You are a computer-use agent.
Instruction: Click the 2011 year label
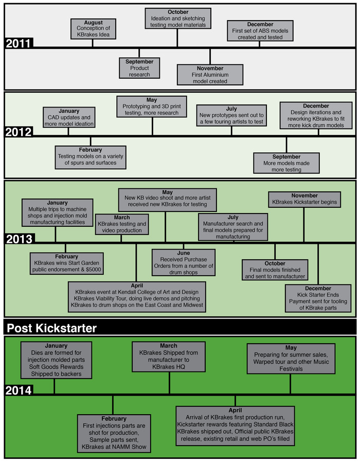point(19,43)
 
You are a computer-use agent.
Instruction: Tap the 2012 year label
point(19,132)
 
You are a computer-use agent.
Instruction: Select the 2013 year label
point(19,239)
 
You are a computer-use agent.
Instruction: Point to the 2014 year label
point(19,390)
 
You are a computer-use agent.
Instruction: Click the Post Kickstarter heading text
point(51,328)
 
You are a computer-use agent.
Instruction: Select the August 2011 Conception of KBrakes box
point(93,29)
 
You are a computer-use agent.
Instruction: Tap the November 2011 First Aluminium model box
point(210,75)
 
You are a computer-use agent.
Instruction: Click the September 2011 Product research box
point(139,68)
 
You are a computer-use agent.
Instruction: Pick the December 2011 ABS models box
point(260,31)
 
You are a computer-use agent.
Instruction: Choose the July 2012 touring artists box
point(231,115)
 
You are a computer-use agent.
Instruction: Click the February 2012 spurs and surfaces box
point(91,156)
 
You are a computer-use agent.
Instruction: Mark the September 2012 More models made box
point(287,163)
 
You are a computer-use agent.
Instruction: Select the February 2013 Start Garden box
point(67,263)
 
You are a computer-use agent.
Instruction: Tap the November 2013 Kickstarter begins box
point(304,199)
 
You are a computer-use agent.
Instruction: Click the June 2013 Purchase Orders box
point(183,262)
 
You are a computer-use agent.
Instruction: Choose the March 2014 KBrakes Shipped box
point(168,357)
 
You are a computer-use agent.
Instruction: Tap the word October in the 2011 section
point(178,12)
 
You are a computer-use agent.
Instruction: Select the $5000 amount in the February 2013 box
point(92,270)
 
